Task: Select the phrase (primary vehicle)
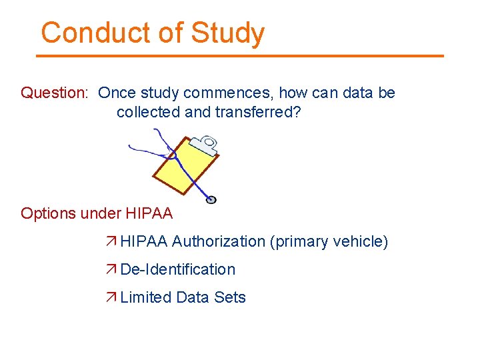[329, 241]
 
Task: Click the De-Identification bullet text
[177, 269]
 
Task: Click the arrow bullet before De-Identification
[111, 269]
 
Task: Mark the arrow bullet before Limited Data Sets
[111, 297]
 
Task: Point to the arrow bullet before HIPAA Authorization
[111, 241]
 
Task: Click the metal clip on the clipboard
[205, 144]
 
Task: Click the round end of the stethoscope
[211, 199]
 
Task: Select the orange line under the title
[240, 56]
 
